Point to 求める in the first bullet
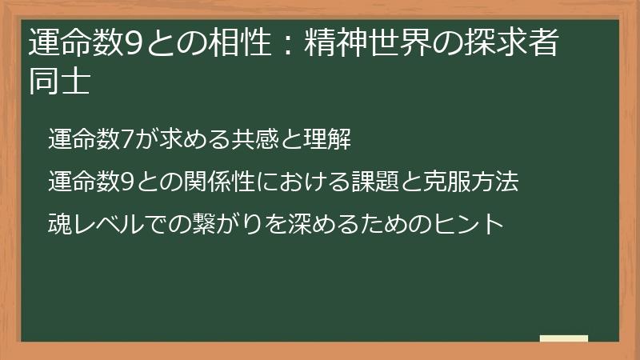[189, 138]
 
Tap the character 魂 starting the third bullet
[60, 222]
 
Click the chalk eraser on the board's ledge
[564, 338]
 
